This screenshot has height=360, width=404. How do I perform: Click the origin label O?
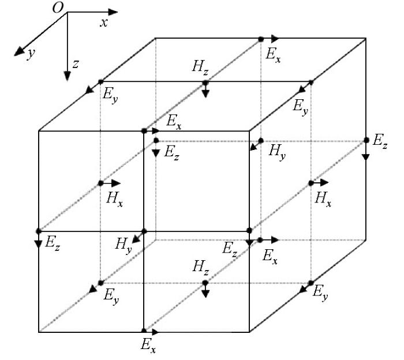pos(58,7)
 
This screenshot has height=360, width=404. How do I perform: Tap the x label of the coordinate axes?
pos(104,23)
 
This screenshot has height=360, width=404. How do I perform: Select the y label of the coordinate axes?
pos(31,54)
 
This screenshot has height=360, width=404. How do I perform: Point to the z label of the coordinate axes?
pos(75,63)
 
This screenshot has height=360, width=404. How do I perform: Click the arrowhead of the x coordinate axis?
pos(113,12)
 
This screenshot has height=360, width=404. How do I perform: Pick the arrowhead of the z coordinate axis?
pos(68,76)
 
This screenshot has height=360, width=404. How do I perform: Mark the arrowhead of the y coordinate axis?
pos(19,51)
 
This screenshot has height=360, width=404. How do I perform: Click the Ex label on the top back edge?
pos(273,55)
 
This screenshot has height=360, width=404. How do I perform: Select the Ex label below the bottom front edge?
pos(148,345)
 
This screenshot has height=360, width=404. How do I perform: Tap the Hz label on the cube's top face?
pos(200,67)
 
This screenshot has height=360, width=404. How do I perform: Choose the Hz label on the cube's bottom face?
pos(200,267)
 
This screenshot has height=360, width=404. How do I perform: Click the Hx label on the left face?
pos(114,199)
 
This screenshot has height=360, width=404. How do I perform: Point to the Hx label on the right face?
pos(323,199)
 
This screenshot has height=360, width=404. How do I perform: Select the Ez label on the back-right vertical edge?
pos(380,141)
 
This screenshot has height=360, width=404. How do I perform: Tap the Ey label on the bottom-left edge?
pos(111,295)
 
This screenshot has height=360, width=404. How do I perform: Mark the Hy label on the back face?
pos(277,152)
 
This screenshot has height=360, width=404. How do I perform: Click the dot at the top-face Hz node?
pos(205,82)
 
